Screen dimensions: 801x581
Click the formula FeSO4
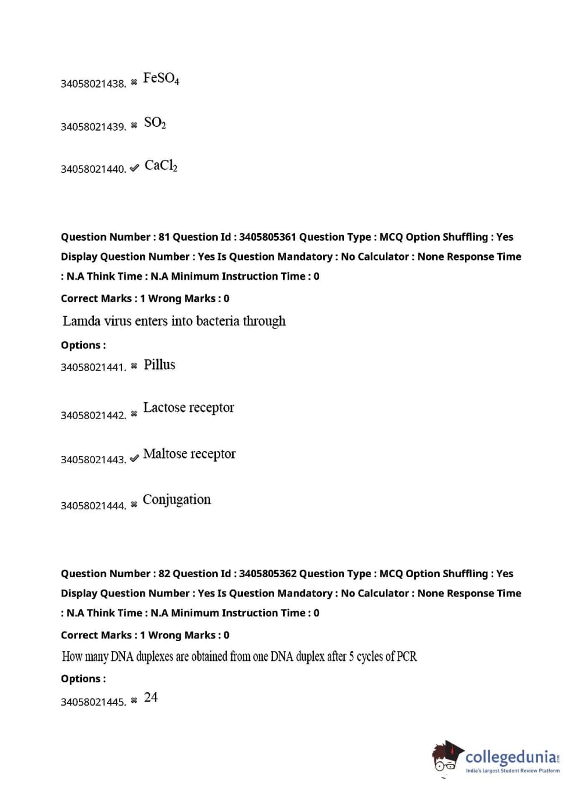[161, 78]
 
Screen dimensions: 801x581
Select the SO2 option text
[155, 123]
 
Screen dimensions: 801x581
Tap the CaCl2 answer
[161, 166]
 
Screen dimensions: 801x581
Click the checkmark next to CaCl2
[134, 168]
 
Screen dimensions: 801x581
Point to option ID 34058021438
[93, 84]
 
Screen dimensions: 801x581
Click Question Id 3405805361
[267, 237]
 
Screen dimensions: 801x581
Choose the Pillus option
[159, 364]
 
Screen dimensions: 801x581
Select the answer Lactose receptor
[188, 407]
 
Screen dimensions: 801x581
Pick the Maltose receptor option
[189, 453]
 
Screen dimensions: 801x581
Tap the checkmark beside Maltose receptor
[134, 459]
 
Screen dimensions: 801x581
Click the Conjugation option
[177, 499]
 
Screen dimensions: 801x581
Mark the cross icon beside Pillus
[134, 366]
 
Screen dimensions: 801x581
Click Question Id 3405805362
[267, 573]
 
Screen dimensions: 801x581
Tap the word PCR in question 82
[406, 656]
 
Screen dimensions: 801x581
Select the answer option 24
[151, 697]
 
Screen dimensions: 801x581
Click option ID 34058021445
[93, 702]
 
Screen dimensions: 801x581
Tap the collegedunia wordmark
[511, 757]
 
